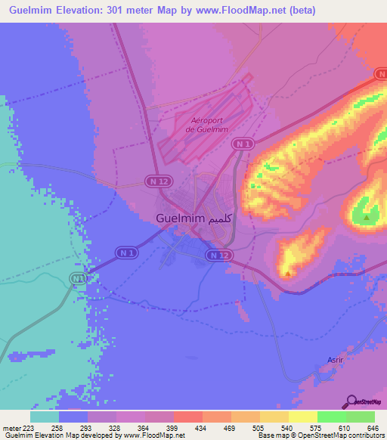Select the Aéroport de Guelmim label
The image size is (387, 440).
tap(209, 125)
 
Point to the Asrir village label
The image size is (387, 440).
tap(335, 360)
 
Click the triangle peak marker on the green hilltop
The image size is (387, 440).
tap(367, 217)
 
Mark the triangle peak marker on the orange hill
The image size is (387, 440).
tap(287, 272)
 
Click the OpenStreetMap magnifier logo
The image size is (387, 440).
tap(351, 402)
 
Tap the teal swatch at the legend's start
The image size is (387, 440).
tap(44, 417)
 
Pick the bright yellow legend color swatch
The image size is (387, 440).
tap(302, 417)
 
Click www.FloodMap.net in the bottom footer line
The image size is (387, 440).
tap(149, 435)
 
